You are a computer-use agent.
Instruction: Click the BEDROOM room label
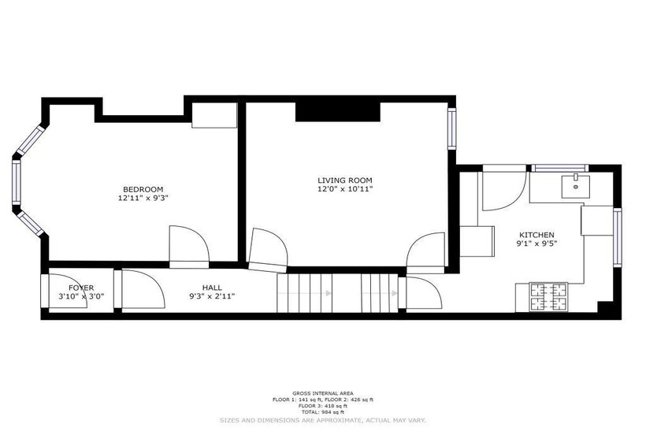[x=143, y=189]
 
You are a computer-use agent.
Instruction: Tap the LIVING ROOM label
[x=345, y=180]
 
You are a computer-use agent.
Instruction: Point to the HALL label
[x=212, y=287]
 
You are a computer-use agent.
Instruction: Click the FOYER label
[x=81, y=288]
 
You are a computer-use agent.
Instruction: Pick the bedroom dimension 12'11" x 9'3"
[x=143, y=198]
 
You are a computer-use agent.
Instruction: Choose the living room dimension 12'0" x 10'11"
[x=345, y=189]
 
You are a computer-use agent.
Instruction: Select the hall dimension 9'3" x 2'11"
[x=212, y=295]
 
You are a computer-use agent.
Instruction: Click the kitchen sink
[x=576, y=186]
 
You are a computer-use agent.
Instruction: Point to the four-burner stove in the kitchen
[x=548, y=297]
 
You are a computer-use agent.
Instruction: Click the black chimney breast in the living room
[x=338, y=112]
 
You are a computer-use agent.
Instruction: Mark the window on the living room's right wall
[x=452, y=128]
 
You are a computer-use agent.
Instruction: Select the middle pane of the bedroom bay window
[x=17, y=182]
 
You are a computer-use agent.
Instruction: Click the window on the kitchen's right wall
[x=617, y=237]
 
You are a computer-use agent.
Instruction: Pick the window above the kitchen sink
[x=559, y=168]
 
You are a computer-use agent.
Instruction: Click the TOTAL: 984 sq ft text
[x=323, y=411]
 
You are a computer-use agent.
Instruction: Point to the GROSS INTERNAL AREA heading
[x=323, y=393]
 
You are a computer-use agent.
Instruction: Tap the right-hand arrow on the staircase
[x=380, y=293]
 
